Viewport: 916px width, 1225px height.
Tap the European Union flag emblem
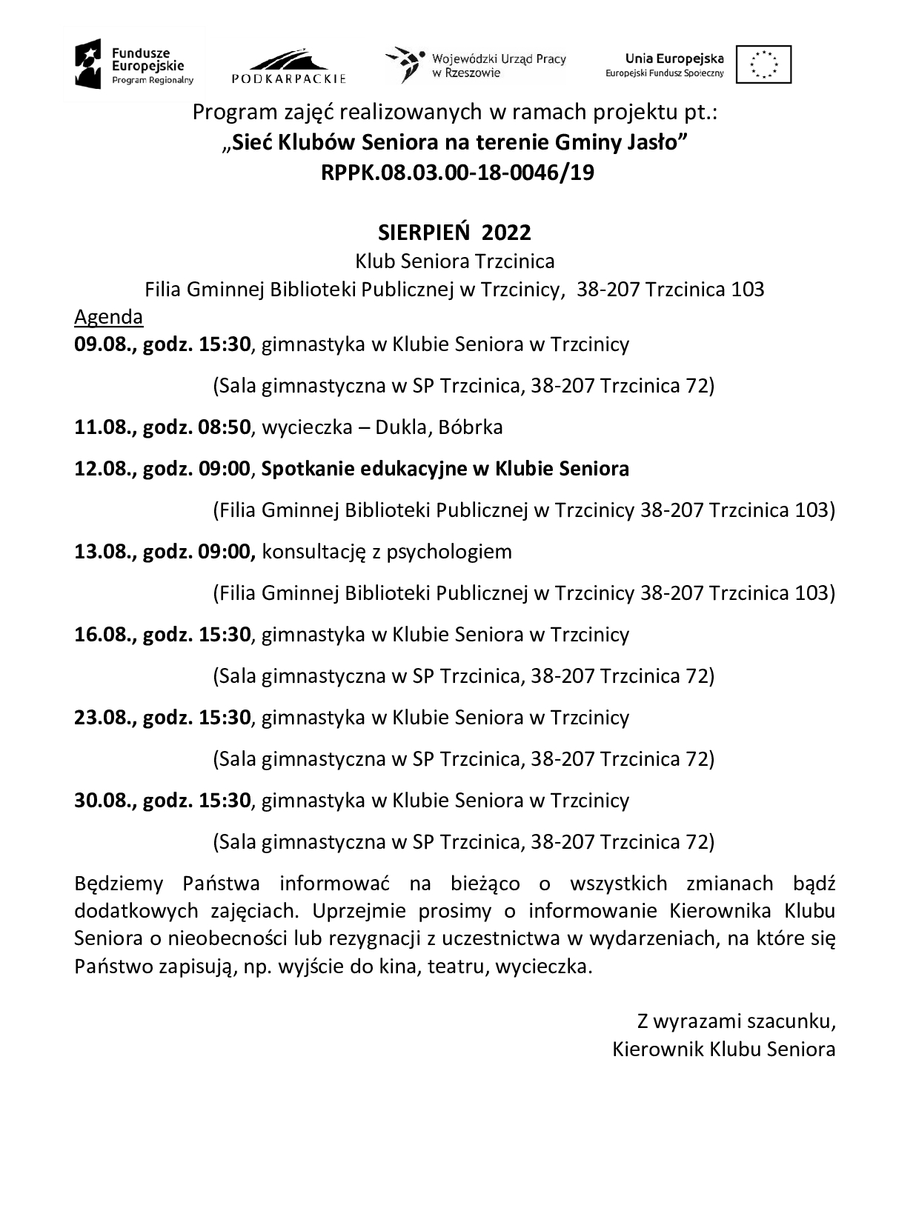coord(763,64)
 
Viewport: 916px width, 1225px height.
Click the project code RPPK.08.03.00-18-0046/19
coord(457,173)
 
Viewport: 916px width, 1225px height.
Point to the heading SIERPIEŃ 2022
coord(454,233)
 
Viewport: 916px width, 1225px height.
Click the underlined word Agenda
coord(108,317)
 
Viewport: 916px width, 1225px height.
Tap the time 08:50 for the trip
coord(225,427)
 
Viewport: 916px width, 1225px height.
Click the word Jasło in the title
coord(659,142)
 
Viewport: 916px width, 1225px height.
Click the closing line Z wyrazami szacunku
coord(736,1021)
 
